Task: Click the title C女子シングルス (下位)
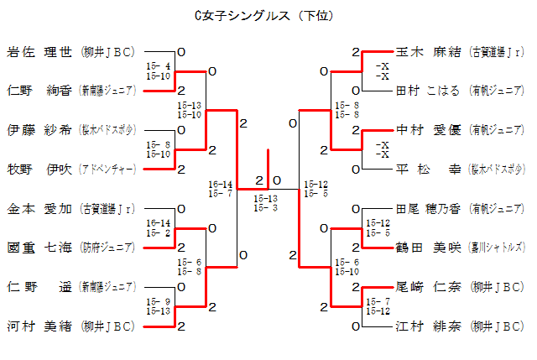pyautogui.click(x=268, y=14)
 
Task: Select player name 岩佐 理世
pyautogui.click(x=41, y=52)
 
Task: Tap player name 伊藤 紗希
pyautogui.click(x=41, y=130)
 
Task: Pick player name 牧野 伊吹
pyautogui.click(x=41, y=169)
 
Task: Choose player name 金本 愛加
pyautogui.click(x=41, y=208)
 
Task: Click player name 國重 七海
pyautogui.click(x=41, y=247)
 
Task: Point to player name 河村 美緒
pyautogui.click(x=41, y=325)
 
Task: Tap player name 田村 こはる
pyautogui.click(x=428, y=91)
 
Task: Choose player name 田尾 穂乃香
pyautogui.click(x=428, y=208)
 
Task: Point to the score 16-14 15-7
pyautogui.click(x=221, y=189)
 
